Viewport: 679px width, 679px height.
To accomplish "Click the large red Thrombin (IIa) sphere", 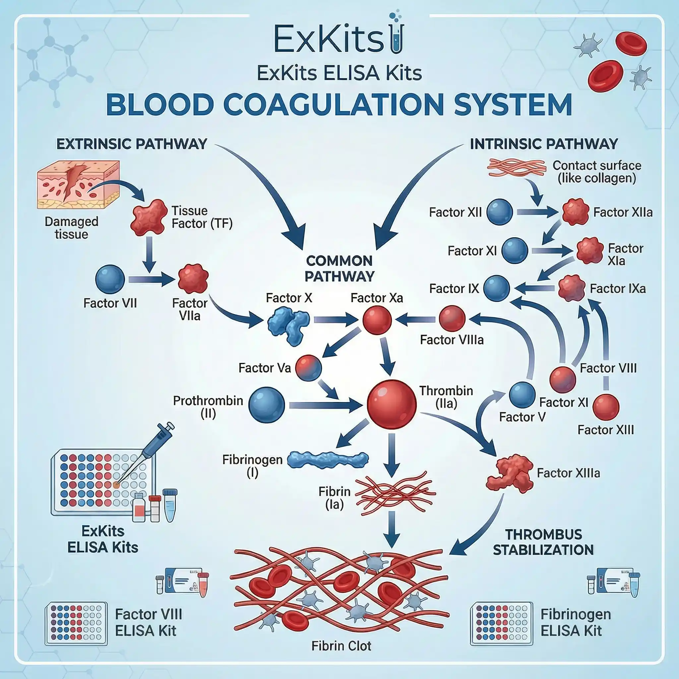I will [x=392, y=404].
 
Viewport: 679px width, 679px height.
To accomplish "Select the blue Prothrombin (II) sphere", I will [x=267, y=405].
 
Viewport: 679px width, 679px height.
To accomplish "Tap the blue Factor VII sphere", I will [x=110, y=279].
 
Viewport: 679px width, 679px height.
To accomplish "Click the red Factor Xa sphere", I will [x=377, y=320].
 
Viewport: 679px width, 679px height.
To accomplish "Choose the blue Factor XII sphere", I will [x=499, y=212].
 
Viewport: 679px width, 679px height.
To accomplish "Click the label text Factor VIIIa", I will [x=452, y=340].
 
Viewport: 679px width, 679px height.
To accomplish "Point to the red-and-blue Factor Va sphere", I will [x=309, y=368].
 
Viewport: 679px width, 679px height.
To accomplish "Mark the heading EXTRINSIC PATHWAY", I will [x=132, y=144].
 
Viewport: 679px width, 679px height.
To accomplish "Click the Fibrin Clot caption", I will [x=341, y=646].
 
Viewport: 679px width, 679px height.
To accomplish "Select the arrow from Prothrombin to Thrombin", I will [x=325, y=405].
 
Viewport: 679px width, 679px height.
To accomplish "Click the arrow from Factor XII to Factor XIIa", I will [x=537, y=212].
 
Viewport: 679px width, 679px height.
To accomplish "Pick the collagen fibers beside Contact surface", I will [x=516, y=167].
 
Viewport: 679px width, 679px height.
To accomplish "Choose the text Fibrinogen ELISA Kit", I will [x=575, y=622].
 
